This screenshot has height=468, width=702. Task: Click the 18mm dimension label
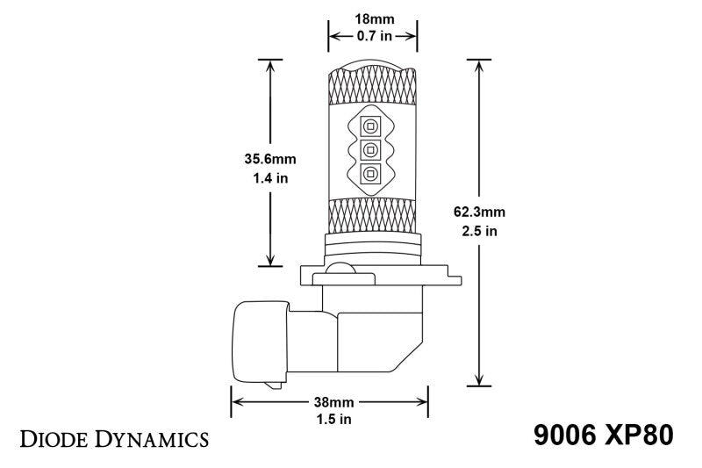372,18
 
